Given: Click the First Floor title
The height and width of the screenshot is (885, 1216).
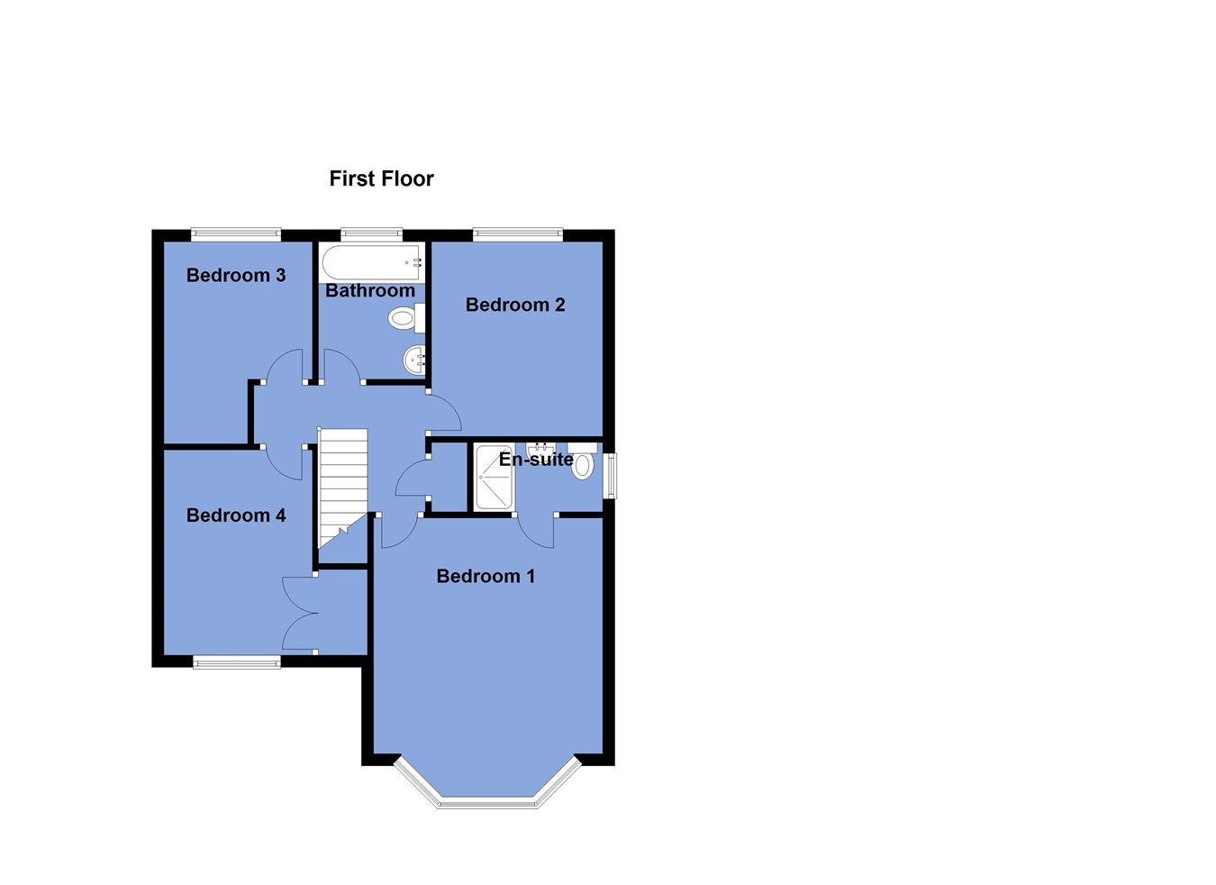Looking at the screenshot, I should tap(381, 178).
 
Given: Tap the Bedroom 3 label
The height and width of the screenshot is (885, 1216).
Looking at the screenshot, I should tap(236, 275).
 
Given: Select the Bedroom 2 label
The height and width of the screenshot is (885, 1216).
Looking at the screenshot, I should tap(515, 305).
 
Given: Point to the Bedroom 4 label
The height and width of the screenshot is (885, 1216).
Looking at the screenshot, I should tap(236, 515).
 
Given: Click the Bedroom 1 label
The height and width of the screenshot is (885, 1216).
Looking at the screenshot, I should tap(485, 576).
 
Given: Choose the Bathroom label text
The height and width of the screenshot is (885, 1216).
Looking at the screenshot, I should tap(370, 290).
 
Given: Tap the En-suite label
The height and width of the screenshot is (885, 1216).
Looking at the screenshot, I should tap(536, 460).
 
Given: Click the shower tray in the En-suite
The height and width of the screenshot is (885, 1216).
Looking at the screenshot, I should tap(494, 478).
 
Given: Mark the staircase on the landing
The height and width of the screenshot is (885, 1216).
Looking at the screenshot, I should tap(343, 487).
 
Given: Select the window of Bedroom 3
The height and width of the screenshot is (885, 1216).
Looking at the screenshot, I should tap(236, 234).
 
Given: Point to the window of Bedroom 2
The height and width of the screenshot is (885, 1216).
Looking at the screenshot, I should tap(519, 234).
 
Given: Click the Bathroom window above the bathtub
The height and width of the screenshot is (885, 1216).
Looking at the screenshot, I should tap(371, 234).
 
